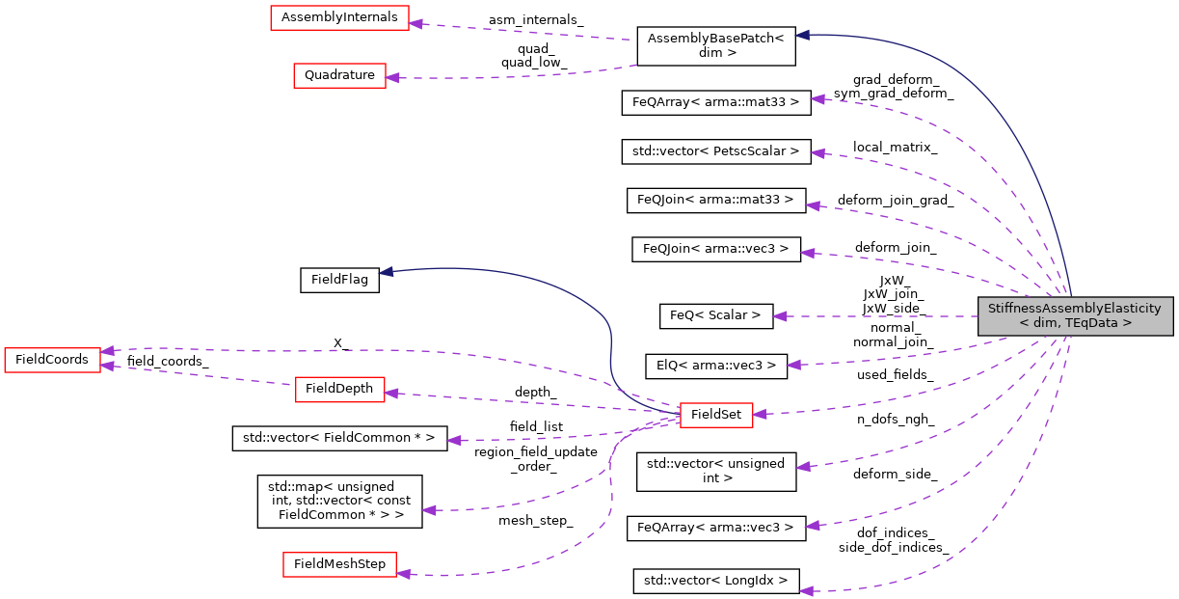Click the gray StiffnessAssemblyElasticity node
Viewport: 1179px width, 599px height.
[x=1075, y=315]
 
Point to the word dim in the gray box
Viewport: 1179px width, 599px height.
[x=1043, y=323]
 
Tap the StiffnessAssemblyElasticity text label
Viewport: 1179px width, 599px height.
[x=1075, y=309]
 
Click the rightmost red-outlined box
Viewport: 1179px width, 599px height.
[x=716, y=416]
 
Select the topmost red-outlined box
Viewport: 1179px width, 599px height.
[x=339, y=17]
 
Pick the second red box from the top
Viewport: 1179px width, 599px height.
[x=339, y=76]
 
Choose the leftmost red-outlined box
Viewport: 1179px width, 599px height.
[x=52, y=360]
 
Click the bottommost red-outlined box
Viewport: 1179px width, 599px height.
[x=339, y=565]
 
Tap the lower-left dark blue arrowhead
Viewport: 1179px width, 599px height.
[x=386, y=272]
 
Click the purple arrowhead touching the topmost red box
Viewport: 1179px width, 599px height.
[x=415, y=23]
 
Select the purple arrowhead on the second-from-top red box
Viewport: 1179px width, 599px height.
[x=392, y=77]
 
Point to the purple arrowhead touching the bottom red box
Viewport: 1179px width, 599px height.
[x=404, y=573]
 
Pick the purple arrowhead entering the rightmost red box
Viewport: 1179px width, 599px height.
[x=760, y=413]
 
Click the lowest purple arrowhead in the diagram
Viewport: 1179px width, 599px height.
[x=806, y=590]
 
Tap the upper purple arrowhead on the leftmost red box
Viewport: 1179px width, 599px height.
[x=108, y=350]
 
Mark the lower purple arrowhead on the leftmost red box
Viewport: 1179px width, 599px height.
[x=108, y=367]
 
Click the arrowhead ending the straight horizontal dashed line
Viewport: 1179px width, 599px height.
[x=779, y=316]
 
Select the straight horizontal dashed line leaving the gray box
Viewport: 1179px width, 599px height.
[x=877, y=316]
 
